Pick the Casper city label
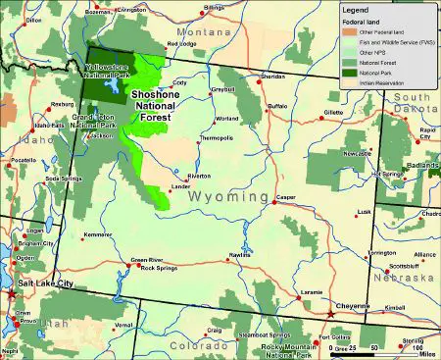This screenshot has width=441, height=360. click(x=286, y=197)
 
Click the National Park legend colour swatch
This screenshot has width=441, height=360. click(x=348, y=73)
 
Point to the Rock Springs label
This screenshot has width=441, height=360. click(x=158, y=268)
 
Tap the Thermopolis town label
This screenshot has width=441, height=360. click(x=214, y=138)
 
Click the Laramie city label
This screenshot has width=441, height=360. click(x=311, y=292)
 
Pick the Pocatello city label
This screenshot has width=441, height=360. click(x=23, y=159)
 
